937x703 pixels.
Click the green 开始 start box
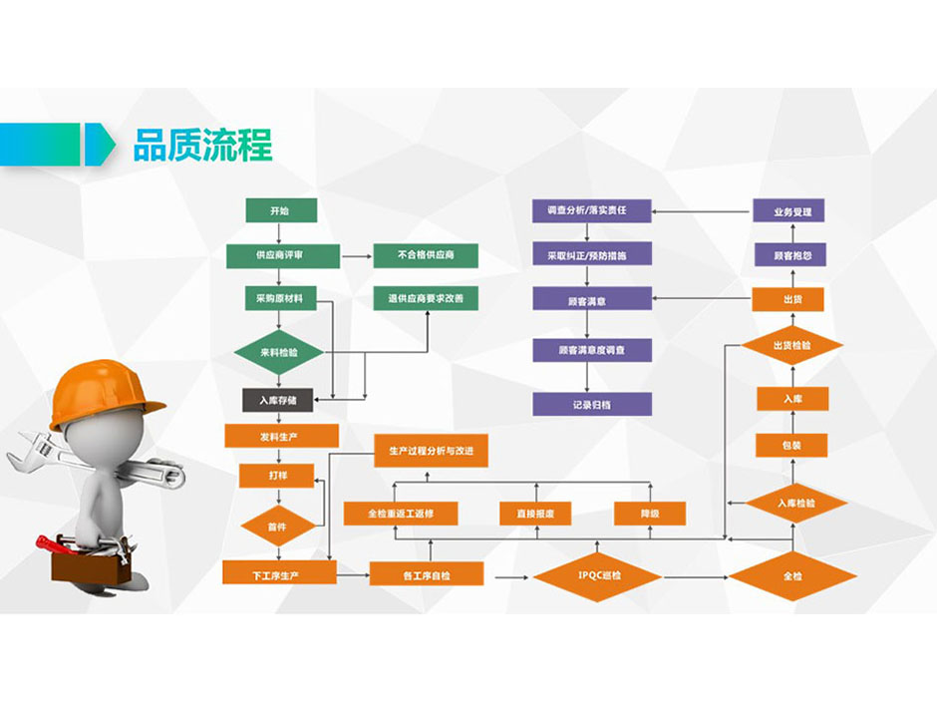[281, 210]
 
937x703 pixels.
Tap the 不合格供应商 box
[425, 256]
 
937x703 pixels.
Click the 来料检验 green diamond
[280, 352]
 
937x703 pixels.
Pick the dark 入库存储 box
[279, 400]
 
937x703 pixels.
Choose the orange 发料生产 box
[281, 436]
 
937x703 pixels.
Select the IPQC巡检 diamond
[597, 575]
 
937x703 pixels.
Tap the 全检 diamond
[792, 575]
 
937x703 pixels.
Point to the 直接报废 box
[535, 514]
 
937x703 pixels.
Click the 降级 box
[649, 514]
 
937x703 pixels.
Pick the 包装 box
[791, 446]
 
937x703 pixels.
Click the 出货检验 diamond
[791, 346]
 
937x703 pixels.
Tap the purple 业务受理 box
[791, 211]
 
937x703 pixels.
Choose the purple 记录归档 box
[591, 404]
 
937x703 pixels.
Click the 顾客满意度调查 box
[591, 350]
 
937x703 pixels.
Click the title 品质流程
[202, 145]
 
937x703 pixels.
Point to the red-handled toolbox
[88, 562]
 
